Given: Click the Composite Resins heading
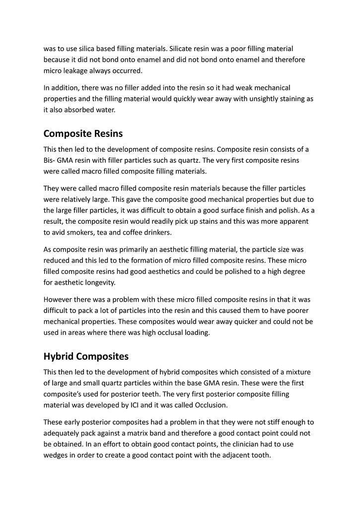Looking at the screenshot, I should point(83,133).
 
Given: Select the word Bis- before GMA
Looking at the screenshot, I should point(51,160).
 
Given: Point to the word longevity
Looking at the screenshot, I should point(99,283).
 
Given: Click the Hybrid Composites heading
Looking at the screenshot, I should point(86,356).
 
